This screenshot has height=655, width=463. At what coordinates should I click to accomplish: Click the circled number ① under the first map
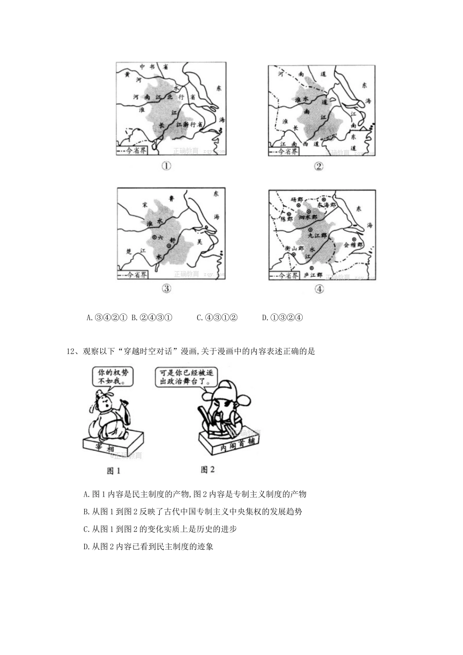[x=167, y=166]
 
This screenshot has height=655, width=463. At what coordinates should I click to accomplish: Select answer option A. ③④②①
[x=107, y=318]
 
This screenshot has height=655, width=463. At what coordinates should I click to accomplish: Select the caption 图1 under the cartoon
[x=113, y=471]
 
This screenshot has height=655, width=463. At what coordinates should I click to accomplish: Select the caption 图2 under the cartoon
[x=208, y=470]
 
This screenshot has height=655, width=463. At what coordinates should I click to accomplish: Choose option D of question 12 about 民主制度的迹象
[x=149, y=546]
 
